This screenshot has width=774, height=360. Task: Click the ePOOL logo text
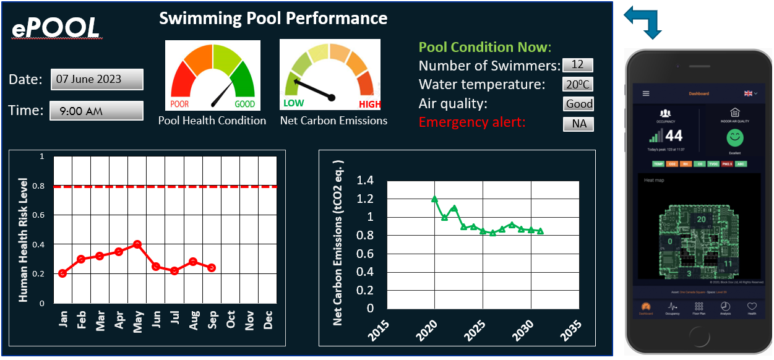[x=56, y=28]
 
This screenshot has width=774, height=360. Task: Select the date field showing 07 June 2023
[x=97, y=79]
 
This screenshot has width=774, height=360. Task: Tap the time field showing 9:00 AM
[x=97, y=111]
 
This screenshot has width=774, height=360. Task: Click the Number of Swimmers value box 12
[x=577, y=65]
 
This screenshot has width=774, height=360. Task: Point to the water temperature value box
[x=578, y=84]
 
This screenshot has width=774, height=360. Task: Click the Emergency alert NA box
[x=578, y=124]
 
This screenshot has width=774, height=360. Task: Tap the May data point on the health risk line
[x=137, y=244]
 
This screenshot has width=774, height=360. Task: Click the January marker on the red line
[x=62, y=273]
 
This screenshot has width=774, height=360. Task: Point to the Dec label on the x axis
[x=269, y=320]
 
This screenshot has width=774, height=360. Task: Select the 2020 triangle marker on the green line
[x=434, y=199]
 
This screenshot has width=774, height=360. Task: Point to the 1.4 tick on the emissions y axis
[x=366, y=181]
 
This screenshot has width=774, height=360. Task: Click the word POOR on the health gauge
[x=179, y=104]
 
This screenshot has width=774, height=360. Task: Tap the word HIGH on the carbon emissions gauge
[x=369, y=105]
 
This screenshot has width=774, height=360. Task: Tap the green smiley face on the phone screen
[x=735, y=137]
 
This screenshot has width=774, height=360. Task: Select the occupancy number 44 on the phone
[x=674, y=136]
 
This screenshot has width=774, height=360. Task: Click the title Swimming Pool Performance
[x=273, y=18]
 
